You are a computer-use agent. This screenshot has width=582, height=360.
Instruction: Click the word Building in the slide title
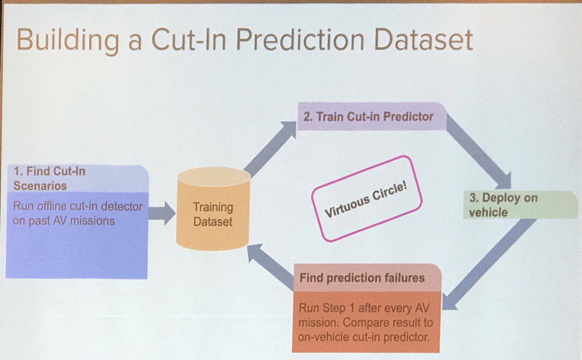pyautogui.click(x=68, y=40)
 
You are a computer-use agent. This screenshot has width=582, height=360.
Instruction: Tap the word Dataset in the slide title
pyautogui.click(x=423, y=39)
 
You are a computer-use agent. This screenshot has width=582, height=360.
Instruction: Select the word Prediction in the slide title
pyautogui.click(x=300, y=39)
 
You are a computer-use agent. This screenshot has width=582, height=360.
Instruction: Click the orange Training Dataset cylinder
pyautogui.click(x=213, y=209)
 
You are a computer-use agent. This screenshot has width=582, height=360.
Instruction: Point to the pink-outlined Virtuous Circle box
pyautogui.click(x=366, y=198)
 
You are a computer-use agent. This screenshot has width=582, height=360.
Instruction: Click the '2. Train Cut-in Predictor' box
pyautogui.click(x=372, y=116)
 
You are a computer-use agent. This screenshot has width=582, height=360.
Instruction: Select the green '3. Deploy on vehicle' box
pyautogui.click(x=520, y=205)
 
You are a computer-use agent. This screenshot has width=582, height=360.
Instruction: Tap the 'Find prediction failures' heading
pyautogui.click(x=362, y=277)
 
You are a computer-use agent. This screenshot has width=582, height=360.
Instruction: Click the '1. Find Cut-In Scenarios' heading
pyautogui.click(x=49, y=179)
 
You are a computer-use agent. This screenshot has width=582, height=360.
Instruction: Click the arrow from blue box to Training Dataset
pyautogui.click(x=162, y=213)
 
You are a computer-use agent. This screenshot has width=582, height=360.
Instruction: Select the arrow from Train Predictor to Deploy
pyautogui.click(x=479, y=151)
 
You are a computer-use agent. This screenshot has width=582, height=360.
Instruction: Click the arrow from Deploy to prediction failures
pyautogui.click(x=489, y=264)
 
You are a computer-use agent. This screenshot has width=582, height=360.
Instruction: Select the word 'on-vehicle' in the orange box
pyautogui.click(x=324, y=337)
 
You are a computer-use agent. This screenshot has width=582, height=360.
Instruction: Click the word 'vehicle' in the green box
pyautogui.click(x=488, y=212)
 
